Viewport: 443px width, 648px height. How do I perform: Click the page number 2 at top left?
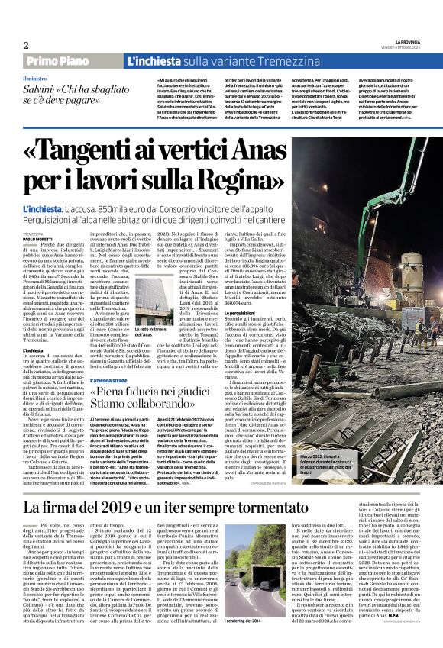click(x=26, y=45)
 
